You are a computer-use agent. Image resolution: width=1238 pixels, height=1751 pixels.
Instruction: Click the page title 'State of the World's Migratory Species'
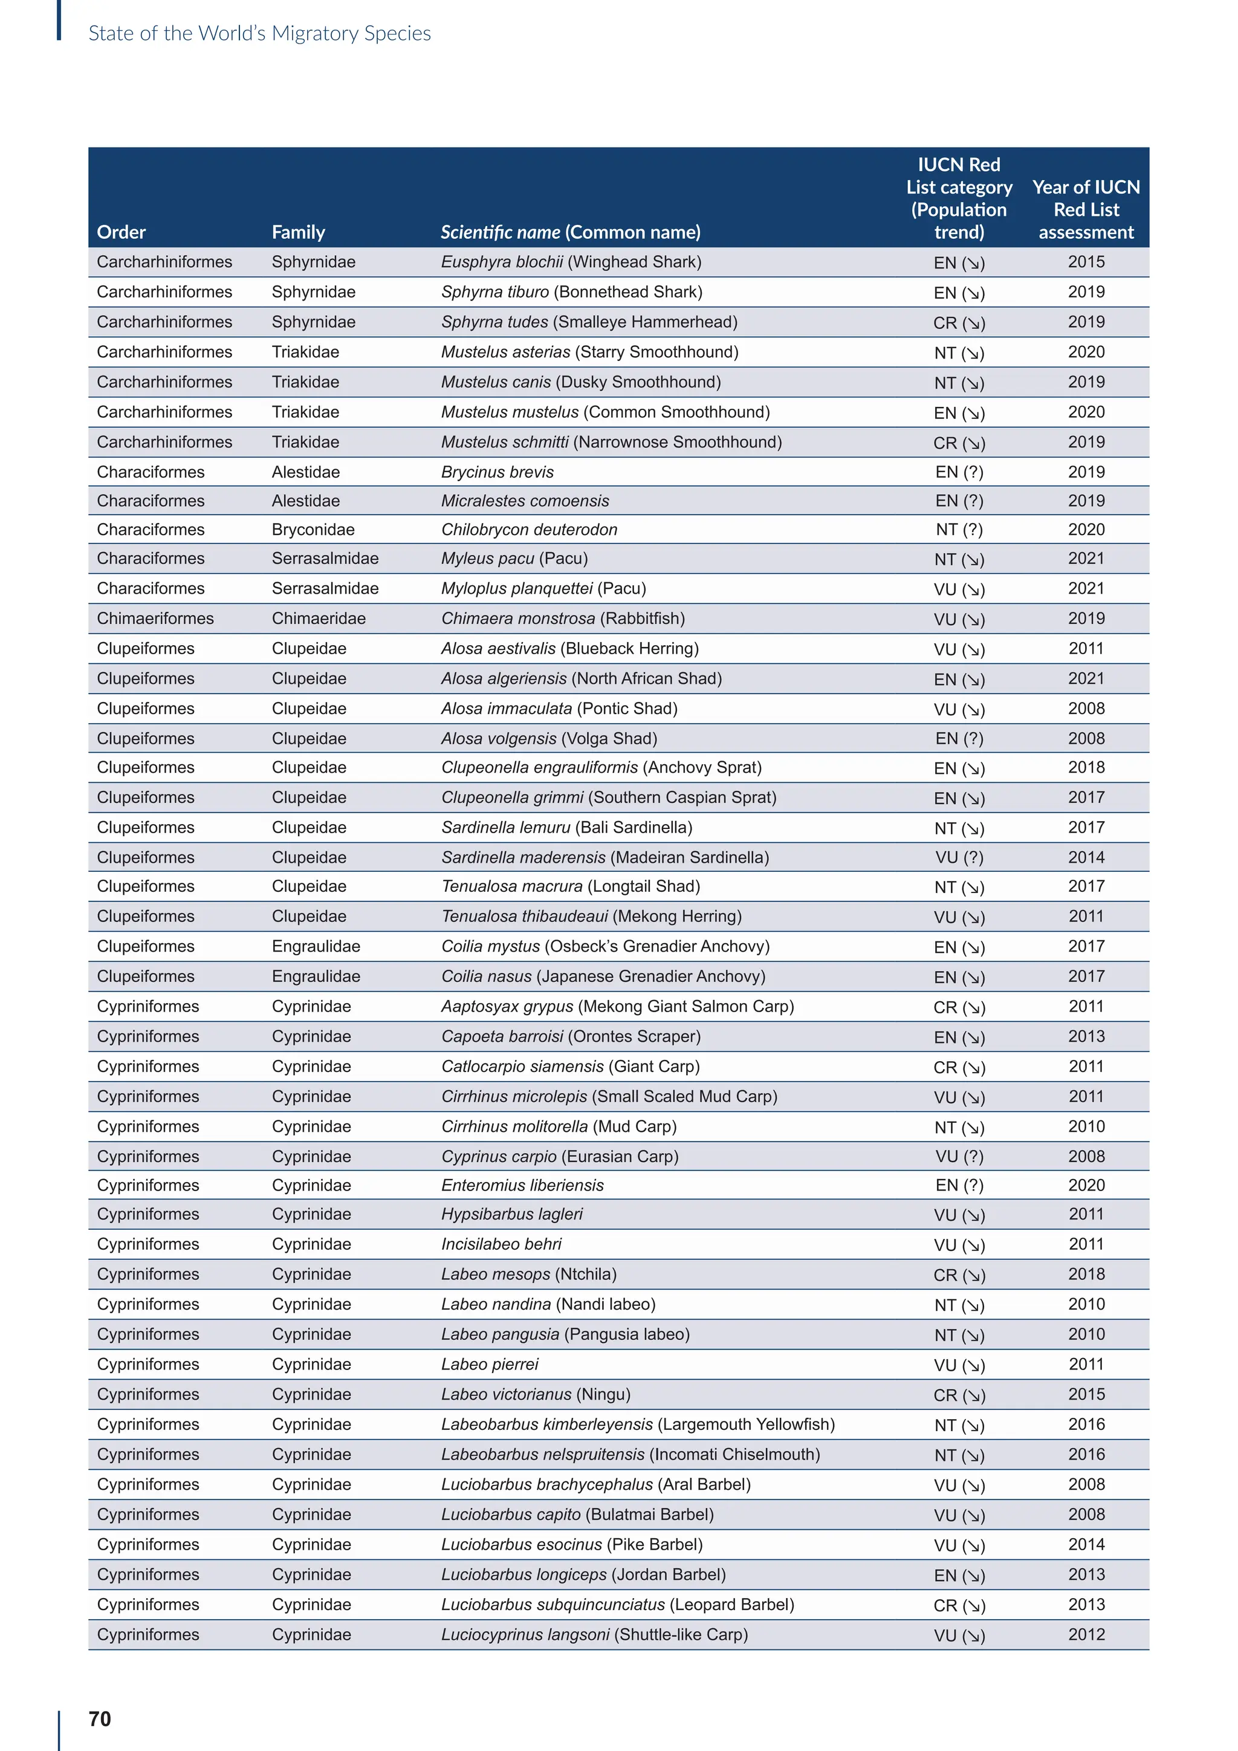(259, 33)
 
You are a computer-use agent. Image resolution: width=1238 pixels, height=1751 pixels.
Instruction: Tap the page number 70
(100, 1718)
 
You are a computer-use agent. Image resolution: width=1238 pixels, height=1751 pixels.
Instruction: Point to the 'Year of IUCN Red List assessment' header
(1086, 210)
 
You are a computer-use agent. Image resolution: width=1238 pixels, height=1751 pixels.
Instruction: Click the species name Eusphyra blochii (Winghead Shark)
(571, 262)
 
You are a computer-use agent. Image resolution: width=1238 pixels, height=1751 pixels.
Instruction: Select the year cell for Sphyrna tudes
(1086, 322)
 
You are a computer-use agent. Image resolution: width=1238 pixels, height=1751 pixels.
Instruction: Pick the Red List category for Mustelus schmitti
(959, 443)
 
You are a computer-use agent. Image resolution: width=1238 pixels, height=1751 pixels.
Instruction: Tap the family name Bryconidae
(313, 529)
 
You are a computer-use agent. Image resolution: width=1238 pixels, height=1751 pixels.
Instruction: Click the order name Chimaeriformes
(155, 619)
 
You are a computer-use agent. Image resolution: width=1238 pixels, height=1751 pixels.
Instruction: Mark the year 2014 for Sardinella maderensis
(1086, 857)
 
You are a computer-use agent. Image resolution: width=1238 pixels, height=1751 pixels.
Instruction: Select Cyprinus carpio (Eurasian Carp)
(560, 1156)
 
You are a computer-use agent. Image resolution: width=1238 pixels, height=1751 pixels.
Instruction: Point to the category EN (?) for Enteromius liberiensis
(959, 1185)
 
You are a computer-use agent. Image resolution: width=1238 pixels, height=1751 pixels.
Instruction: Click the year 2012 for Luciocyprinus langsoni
(1086, 1634)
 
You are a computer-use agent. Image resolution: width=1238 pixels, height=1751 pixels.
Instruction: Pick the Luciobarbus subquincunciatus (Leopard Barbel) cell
(617, 1605)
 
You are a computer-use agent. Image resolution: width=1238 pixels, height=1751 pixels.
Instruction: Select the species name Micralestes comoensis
(525, 501)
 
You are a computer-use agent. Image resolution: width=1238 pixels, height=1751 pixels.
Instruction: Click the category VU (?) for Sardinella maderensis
(959, 857)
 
